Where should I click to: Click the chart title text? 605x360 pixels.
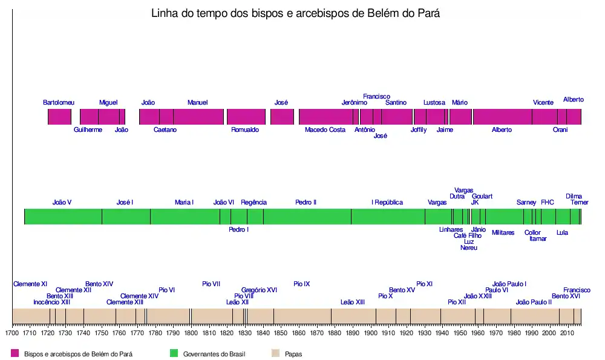point(295,14)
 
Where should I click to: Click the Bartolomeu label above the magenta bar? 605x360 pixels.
point(59,102)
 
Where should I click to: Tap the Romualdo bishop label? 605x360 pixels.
point(245,129)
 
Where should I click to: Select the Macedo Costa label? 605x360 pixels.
point(325,129)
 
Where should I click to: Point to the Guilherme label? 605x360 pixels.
point(88,129)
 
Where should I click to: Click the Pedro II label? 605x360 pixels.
point(306,202)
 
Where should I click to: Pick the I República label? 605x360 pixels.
point(387,202)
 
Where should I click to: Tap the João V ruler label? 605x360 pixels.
point(62,202)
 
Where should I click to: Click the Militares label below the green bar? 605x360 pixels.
point(503,232)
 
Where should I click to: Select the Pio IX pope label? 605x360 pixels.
point(301,284)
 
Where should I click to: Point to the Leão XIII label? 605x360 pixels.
point(353,302)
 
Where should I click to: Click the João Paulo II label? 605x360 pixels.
point(534,302)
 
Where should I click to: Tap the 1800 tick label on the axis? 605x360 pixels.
point(191,332)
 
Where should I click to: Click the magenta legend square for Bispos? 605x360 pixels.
point(15,353)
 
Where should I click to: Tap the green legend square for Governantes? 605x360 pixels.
point(174,353)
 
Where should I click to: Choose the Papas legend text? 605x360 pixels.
point(293,354)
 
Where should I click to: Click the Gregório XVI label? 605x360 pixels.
point(259,290)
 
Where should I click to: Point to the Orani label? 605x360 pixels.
point(560,129)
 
